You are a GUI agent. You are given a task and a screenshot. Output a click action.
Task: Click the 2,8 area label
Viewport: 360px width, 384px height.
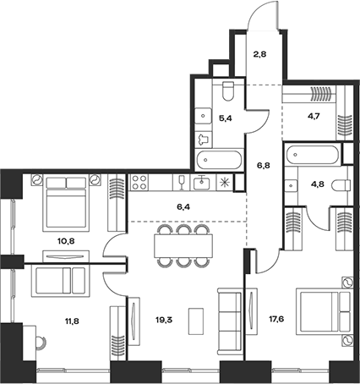click(259, 54)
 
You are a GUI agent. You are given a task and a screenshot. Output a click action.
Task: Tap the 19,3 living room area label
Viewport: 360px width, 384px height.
click(164, 320)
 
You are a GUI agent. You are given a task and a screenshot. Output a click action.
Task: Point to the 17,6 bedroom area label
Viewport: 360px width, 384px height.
click(276, 319)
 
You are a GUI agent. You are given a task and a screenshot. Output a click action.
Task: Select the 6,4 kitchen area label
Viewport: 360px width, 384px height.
click(183, 207)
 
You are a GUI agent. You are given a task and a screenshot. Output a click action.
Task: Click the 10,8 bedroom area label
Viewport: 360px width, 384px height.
click(67, 241)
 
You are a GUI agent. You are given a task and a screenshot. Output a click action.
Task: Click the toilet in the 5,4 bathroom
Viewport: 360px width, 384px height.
click(228, 91)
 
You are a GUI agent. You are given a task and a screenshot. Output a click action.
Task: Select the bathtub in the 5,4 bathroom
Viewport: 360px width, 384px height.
click(219, 160)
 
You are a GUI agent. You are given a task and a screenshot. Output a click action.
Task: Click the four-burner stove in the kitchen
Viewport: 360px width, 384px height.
click(139, 183)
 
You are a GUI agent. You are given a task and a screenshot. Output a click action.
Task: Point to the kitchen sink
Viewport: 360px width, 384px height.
click(201, 183)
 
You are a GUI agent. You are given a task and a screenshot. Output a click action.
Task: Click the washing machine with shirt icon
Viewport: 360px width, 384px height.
click(204, 140)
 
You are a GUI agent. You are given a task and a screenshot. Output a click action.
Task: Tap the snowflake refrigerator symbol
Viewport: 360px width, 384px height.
click(225, 183)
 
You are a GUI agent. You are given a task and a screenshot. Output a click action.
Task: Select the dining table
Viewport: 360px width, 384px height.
click(183, 245)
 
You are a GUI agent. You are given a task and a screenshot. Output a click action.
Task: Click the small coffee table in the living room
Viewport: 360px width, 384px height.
click(196, 321)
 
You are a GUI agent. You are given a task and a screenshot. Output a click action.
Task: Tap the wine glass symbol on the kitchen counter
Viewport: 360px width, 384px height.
click(182, 183)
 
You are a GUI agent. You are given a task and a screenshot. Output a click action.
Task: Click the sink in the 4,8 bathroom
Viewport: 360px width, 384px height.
click(290, 185)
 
